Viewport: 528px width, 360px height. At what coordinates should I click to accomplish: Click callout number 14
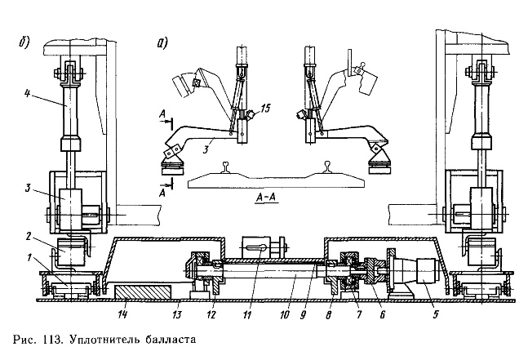pos(122,311)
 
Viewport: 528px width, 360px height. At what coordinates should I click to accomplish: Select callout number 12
pos(212,311)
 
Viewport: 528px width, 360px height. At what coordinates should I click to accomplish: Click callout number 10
pos(283,311)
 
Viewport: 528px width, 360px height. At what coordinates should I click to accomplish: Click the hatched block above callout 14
pos(143,292)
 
